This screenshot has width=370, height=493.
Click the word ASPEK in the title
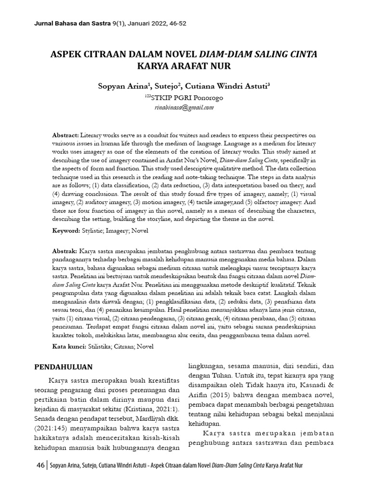click(67, 53)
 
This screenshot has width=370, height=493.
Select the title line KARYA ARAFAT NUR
click(185, 66)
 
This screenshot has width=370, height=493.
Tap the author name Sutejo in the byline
click(167, 86)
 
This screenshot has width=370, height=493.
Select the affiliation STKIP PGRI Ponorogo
click(186, 98)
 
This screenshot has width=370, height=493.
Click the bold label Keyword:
click(66, 231)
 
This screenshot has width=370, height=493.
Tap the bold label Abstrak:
click(65, 252)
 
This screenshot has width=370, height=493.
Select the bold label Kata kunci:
click(69, 346)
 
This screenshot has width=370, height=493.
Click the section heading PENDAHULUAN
click(63, 367)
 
